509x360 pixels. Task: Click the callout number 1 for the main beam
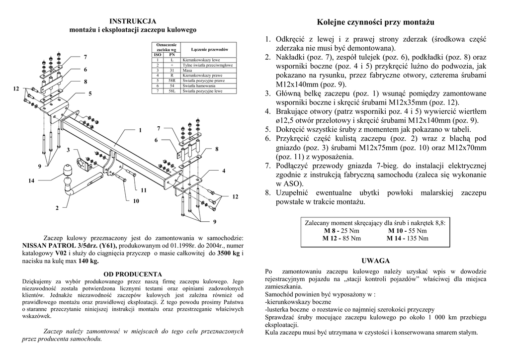click(x=140, y=130)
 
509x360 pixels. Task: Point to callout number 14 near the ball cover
click(x=31, y=181)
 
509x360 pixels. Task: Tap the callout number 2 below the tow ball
click(x=57, y=208)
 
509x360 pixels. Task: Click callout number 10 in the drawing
click(x=135, y=201)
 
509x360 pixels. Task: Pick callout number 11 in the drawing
click(x=144, y=190)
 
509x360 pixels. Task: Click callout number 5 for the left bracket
click(x=90, y=93)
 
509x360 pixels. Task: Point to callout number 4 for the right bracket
click(x=224, y=171)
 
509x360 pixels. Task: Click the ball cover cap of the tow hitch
click(x=68, y=170)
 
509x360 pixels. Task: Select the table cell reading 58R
click(x=172, y=80)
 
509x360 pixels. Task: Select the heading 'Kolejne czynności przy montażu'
click(x=375, y=22)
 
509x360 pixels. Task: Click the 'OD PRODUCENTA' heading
click(x=132, y=274)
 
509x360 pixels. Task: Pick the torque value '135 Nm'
click(x=417, y=239)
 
